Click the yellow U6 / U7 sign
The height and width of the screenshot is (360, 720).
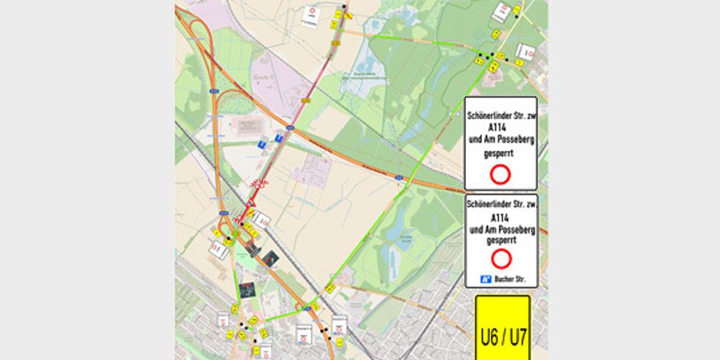coord(503,327)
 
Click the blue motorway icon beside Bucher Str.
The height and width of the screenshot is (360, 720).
coord(485,279)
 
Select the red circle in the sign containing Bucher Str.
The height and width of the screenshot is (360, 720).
coord(502,258)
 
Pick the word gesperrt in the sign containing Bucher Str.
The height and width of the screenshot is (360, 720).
coord(502,240)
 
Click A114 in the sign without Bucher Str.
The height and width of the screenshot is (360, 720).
coord(478,127)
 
